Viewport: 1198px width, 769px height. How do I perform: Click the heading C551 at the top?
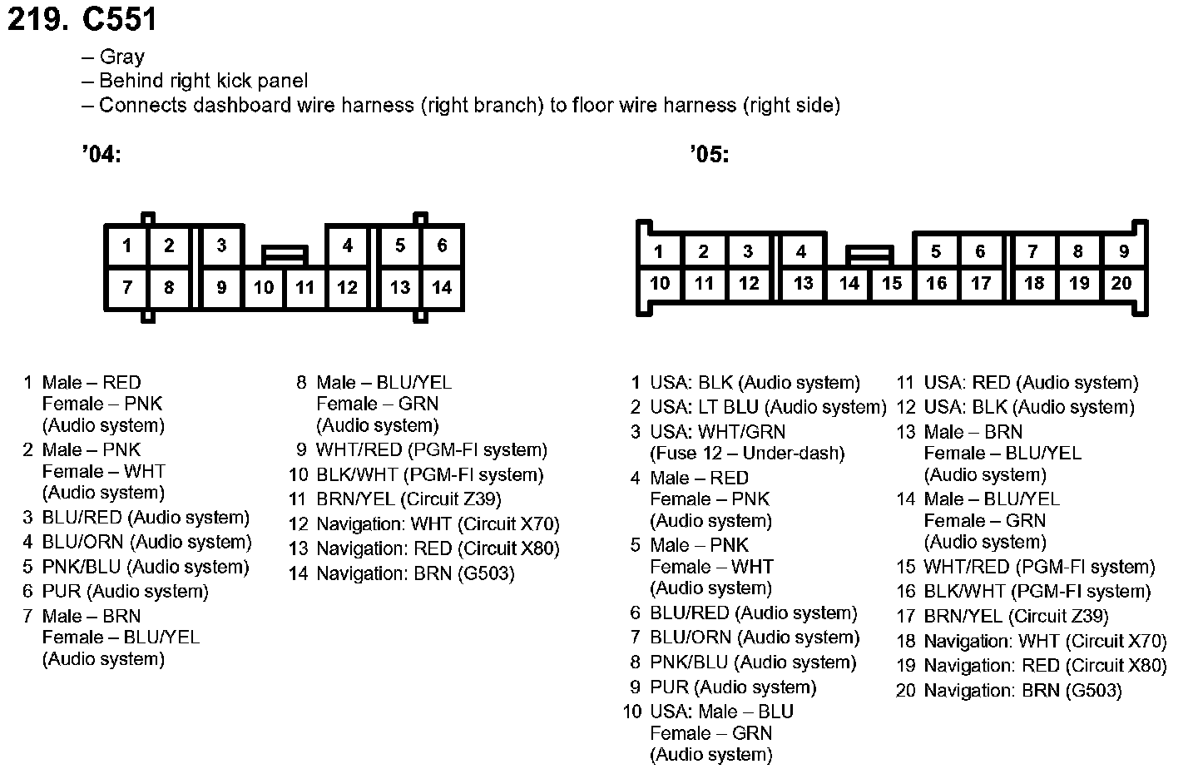pyautogui.click(x=120, y=19)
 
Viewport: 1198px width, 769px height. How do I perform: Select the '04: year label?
pyautogui.click(x=101, y=155)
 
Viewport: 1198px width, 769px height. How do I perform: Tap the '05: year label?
pyautogui.click(x=709, y=155)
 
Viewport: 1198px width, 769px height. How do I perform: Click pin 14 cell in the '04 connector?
pyautogui.click(x=442, y=288)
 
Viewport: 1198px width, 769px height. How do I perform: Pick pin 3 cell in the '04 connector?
pyautogui.click(x=221, y=246)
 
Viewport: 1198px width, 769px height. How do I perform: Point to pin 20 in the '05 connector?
pyautogui.click(x=1121, y=284)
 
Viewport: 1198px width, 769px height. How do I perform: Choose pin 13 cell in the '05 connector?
pyautogui.click(x=803, y=284)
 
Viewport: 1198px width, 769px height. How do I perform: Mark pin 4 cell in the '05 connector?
pyautogui.click(x=801, y=251)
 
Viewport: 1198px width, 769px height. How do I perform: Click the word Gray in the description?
pyautogui.click(x=121, y=57)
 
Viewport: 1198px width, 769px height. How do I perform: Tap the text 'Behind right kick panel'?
pyautogui.click(x=203, y=82)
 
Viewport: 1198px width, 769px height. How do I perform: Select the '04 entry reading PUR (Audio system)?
pyautogui.click(x=125, y=592)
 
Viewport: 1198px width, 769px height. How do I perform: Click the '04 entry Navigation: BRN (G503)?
pyautogui.click(x=415, y=573)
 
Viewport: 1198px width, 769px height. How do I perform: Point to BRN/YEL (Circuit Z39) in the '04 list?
pyautogui.click(x=408, y=499)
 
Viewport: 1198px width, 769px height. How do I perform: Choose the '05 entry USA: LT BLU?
pyautogui.click(x=768, y=408)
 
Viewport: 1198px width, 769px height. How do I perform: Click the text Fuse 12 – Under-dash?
pyautogui.click(x=747, y=454)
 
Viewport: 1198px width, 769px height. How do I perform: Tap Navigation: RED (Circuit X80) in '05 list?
pyautogui.click(x=1045, y=666)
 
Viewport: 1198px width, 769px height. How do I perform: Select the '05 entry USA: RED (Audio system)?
pyautogui.click(x=1031, y=383)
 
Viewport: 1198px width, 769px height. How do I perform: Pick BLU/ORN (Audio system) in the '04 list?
pyautogui.click(x=146, y=543)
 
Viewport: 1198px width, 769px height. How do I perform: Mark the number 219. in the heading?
pyautogui.click(x=37, y=19)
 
